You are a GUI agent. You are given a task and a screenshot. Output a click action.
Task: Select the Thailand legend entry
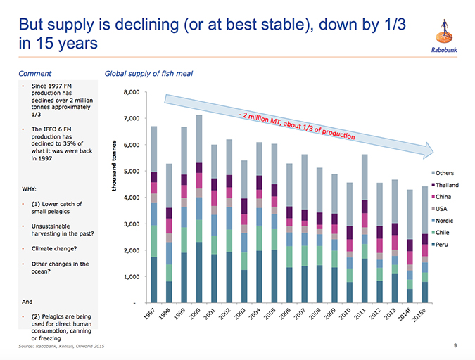pyautogui.click(x=447, y=184)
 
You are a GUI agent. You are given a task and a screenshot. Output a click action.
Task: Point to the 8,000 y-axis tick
pyautogui.click(x=134, y=92)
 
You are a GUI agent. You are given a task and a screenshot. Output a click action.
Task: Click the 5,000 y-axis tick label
pyautogui.click(x=134, y=171)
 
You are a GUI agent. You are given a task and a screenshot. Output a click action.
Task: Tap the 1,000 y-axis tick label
pyautogui.click(x=134, y=276)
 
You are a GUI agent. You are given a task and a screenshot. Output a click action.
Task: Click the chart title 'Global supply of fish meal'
pyautogui.click(x=148, y=73)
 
